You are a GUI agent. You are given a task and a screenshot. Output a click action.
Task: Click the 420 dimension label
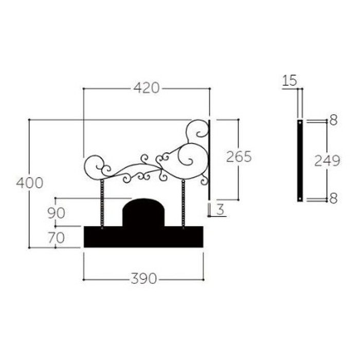pyautogui.click(x=146, y=88)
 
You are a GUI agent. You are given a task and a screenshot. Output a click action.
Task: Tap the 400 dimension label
pyautogui.click(x=30, y=183)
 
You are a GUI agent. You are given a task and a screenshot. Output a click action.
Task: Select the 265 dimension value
pyautogui.click(x=239, y=157)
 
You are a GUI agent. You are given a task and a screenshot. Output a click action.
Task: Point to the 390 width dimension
pyautogui.click(x=143, y=279)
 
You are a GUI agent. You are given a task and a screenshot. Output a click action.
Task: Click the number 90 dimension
pyautogui.click(x=56, y=213)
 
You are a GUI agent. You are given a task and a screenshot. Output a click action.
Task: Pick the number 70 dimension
pyautogui.click(x=56, y=238)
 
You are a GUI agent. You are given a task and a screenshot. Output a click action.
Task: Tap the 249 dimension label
pyautogui.click(x=327, y=160)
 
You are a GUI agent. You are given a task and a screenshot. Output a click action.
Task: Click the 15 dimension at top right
pyautogui.click(x=290, y=81)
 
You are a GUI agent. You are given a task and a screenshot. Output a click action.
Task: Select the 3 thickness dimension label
pyautogui.click(x=220, y=209)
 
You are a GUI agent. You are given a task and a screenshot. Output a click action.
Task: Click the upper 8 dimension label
pyautogui.click(x=333, y=120)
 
